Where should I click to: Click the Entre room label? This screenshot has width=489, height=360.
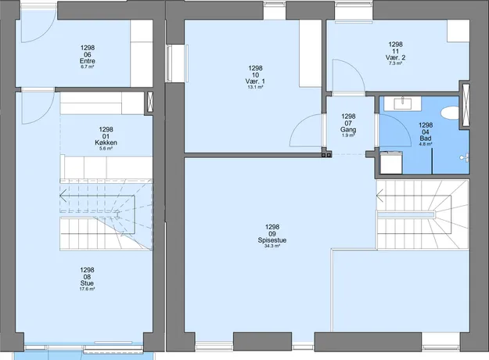click(88, 61)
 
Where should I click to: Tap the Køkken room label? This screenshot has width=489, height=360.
click(106, 142)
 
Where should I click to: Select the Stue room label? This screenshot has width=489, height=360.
click(87, 283)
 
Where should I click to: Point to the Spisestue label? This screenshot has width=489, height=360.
click(272, 240)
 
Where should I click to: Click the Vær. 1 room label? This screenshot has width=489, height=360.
click(255, 81)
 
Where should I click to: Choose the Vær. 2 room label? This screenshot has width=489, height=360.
click(395, 57)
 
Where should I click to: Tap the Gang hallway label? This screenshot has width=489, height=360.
click(348, 129)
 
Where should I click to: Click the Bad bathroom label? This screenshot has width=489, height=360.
click(426, 139)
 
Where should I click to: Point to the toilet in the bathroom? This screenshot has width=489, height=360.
click(450, 113)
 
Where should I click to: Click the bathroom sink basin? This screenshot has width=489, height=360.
click(403, 103)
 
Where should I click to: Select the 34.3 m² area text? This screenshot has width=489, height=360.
click(272, 246)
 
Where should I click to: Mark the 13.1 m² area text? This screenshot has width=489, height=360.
click(255, 87)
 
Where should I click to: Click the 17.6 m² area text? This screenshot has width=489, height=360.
click(87, 289)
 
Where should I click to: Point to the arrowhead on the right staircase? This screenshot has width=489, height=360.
click(379, 196)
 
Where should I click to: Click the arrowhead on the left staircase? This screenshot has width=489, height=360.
click(63, 196)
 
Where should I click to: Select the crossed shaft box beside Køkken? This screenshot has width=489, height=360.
click(149, 103)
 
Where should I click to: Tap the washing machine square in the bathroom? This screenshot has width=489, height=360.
click(391, 162)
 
